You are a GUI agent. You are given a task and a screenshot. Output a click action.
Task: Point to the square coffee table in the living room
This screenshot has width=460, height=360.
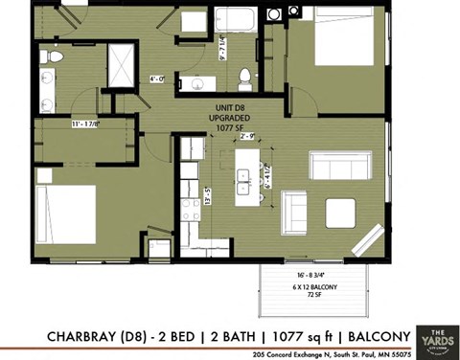pyautogui.click(x=340, y=212)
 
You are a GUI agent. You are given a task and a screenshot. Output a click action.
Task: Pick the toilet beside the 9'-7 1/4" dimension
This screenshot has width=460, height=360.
pyautogui.click(x=245, y=76)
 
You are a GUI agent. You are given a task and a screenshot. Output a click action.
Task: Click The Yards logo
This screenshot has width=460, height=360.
pyautogui.click(x=436, y=335)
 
